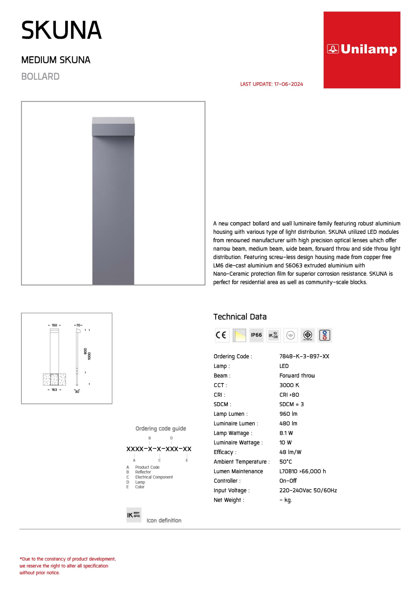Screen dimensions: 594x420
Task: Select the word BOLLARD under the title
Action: pos(40,77)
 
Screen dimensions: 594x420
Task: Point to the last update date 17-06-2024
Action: pos(288,84)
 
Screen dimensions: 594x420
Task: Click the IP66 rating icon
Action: pos(256,335)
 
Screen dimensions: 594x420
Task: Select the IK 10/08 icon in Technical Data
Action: pos(273,335)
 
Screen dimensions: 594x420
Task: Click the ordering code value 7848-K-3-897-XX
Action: pos(304,356)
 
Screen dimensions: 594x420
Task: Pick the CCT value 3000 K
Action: pos(289,385)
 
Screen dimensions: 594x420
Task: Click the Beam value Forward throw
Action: pos(297,375)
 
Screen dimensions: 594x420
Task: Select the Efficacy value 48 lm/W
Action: pos(290,452)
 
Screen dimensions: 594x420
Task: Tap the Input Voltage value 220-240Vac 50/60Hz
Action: pos(308,490)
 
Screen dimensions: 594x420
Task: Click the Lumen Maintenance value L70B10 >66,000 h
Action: pos(303,471)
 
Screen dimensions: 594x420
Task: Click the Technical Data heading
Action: pos(240,317)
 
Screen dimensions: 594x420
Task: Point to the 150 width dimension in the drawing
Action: pos(54,325)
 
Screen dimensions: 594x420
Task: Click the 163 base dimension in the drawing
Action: pos(54,390)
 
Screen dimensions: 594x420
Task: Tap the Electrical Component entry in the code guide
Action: pos(154,477)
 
